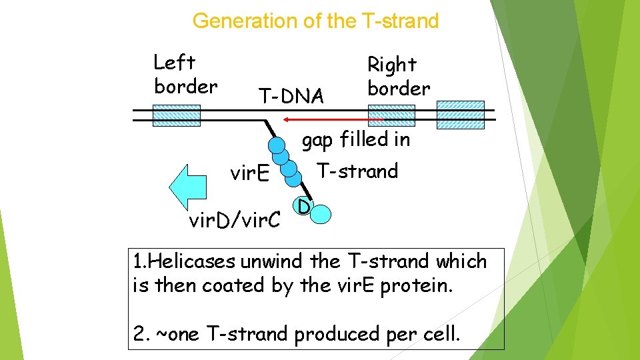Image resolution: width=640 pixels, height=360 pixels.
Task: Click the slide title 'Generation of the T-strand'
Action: pyautogui.click(x=315, y=21)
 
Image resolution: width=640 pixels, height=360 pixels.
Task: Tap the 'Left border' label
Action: pyautogui.click(x=185, y=75)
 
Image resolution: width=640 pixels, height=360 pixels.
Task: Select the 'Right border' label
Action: pyautogui.click(x=399, y=77)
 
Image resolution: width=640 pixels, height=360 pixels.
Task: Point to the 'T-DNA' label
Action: pyautogui.click(x=291, y=97)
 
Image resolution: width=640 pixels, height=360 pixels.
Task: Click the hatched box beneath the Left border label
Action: pyautogui.click(x=176, y=115)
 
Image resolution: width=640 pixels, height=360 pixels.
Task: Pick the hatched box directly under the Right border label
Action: pyautogui.click(x=391, y=115)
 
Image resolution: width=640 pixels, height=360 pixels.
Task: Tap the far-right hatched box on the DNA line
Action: pyautogui.click(x=460, y=115)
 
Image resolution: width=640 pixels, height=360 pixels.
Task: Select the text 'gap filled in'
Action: pyautogui.click(x=356, y=140)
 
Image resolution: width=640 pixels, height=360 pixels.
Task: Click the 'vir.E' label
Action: pyautogui.click(x=249, y=174)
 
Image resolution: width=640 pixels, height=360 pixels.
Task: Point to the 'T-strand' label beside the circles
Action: pyautogui.click(x=357, y=171)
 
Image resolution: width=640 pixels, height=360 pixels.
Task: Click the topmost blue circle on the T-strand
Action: pyautogui.click(x=276, y=144)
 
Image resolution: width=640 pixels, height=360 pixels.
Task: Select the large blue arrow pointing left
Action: pyautogui.click(x=190, y=187)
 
